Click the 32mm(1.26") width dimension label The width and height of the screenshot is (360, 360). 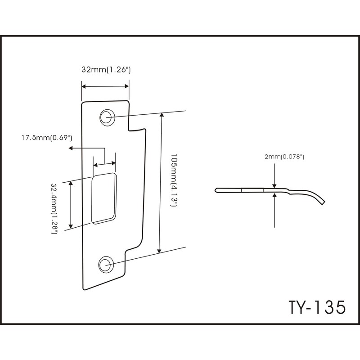click(x=106, y=70)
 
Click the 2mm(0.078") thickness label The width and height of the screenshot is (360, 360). click(x=285, y=157)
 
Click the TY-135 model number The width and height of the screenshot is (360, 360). click(x=311, y=308)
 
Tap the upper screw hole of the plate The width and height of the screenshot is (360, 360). click(x=107, y=116)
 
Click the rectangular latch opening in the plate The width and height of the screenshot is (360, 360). click(x=103, y=198)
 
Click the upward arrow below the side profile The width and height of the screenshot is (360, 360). click(x=274, y=198)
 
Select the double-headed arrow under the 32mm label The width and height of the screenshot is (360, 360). click(x=105, y=87)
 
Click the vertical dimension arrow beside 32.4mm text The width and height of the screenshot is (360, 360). click(x=71, y=205)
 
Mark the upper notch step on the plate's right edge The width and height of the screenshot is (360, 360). click(x=137, y=130)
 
